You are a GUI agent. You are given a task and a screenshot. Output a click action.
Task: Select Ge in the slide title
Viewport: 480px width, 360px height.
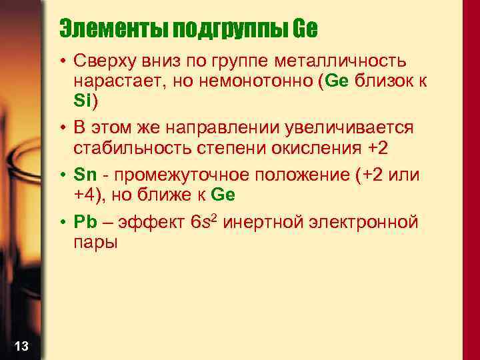click(305, 29)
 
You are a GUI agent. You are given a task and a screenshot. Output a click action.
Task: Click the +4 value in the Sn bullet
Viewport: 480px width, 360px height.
click(86, 195)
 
